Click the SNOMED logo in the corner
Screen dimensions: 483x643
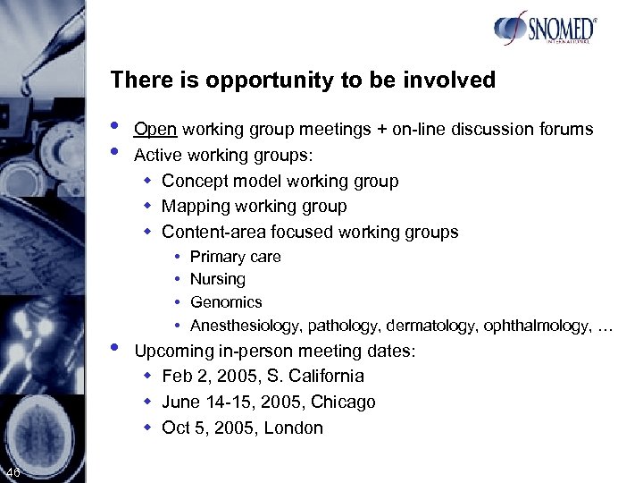544,30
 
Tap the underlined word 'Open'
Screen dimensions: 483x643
154,130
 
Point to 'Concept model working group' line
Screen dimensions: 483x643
280,182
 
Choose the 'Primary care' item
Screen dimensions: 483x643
236,257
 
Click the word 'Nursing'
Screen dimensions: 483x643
217,279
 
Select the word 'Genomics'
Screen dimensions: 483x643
226,302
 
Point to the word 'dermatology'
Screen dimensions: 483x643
430,326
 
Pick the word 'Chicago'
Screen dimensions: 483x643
343,402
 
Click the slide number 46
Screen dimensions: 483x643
13,472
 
